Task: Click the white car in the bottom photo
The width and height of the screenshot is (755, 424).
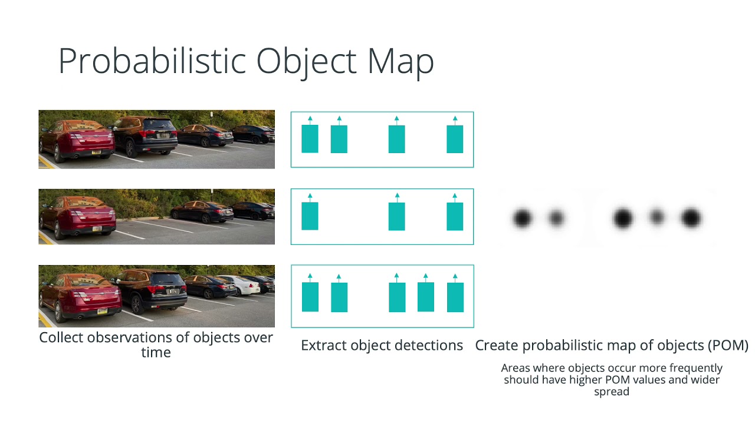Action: (245, 286)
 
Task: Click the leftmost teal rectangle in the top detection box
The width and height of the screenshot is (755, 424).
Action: (310, 139)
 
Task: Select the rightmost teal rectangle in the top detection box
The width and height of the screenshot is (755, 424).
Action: (455, 139)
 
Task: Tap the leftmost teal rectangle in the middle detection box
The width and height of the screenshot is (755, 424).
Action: (310, 216)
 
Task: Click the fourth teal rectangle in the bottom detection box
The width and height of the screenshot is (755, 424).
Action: (426, 297)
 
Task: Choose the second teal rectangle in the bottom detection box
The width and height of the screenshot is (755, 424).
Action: (339, 297)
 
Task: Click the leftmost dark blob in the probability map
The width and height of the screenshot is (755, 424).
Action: (522, 218)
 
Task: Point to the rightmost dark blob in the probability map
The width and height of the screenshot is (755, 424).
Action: (691, 218)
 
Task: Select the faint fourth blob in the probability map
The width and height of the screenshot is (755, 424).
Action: (656, 218)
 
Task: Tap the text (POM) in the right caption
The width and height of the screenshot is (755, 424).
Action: (727, 346)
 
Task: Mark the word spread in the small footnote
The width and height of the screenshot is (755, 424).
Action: (612, 392)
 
